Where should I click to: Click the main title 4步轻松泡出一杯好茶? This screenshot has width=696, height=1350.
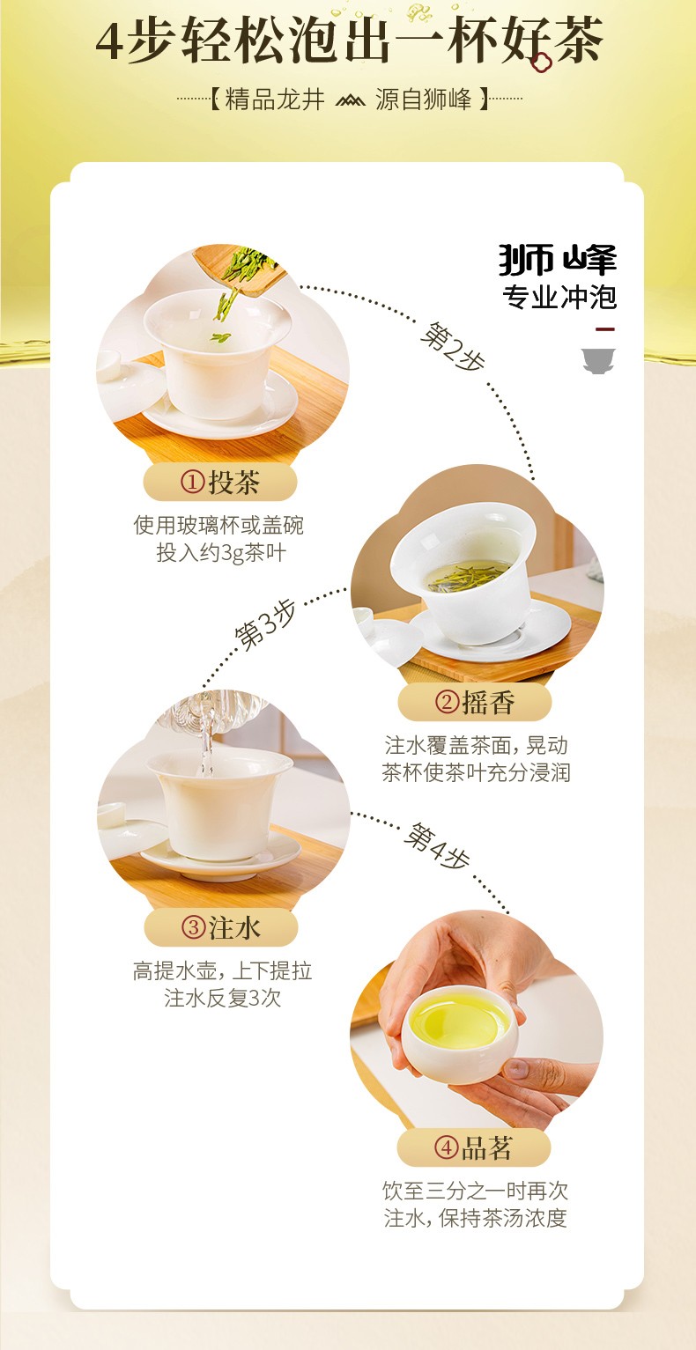(349, 41)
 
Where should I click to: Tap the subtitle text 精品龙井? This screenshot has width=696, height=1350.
(275, 100)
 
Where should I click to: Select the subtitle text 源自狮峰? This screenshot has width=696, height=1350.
(424, 100)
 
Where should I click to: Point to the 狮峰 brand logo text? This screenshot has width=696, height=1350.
(558, 260)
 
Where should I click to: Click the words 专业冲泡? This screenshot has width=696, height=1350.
(559, 297)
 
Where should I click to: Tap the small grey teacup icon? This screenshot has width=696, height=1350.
(598, 361)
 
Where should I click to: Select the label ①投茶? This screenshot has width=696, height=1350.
(220, 483)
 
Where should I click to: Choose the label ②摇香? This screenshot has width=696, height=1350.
(475, 702)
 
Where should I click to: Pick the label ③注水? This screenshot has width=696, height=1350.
(221, 927)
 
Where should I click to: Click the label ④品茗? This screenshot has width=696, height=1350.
(474, 1147)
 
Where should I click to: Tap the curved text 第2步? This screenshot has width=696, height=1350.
(453, 347)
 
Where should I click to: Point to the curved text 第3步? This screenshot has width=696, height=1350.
(265, 625)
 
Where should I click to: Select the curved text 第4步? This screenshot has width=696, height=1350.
(437, 845)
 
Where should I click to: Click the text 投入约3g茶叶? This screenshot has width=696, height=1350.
(221, 552)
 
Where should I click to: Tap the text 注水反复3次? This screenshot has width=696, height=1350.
(223, 998)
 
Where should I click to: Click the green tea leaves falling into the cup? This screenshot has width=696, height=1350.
(238, 284)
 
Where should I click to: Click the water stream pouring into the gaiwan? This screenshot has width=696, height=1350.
(206, 738)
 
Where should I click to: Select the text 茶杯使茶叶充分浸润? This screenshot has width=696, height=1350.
(476, 772)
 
